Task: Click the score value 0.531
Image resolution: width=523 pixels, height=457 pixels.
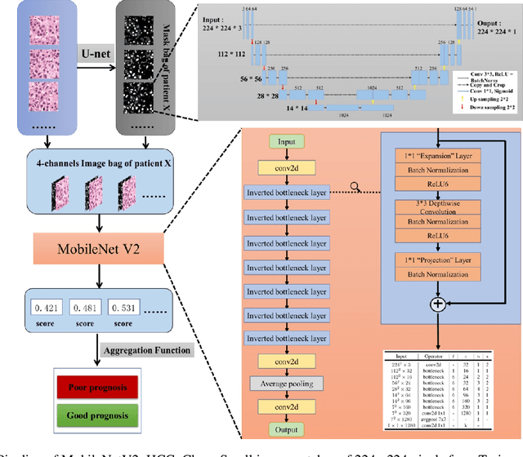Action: coord(144,308)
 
